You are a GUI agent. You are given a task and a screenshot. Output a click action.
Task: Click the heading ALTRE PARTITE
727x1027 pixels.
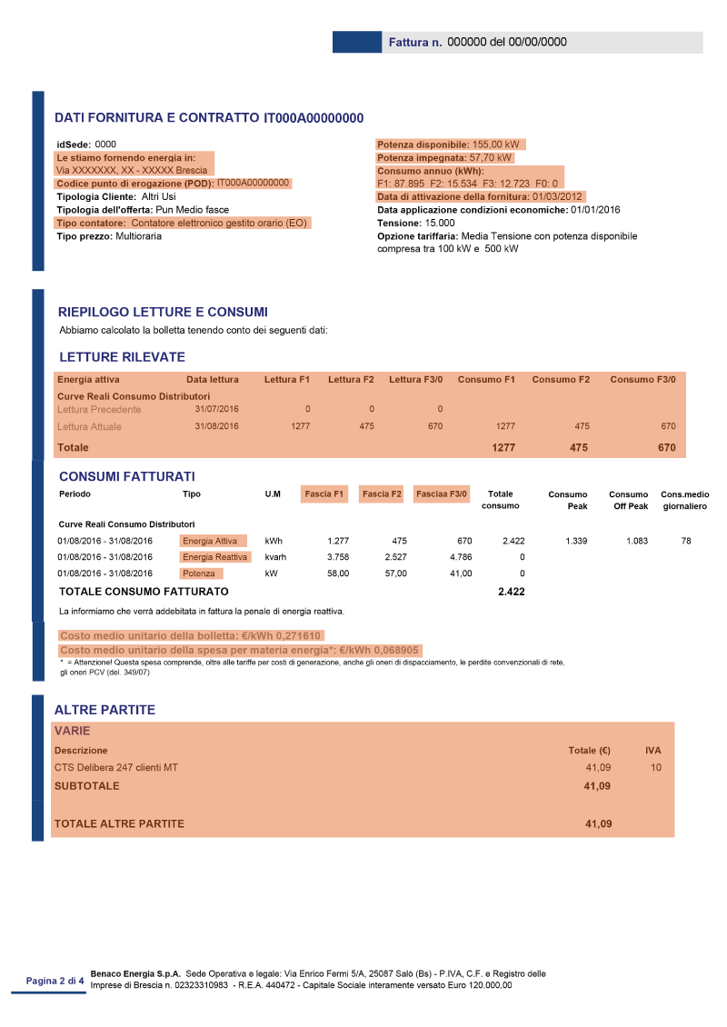[x=105, y=710]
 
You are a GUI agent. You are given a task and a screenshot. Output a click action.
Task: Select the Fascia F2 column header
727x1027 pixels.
[x=382, y=494]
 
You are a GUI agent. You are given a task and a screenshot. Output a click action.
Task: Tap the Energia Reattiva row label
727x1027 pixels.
[x=214, y=557]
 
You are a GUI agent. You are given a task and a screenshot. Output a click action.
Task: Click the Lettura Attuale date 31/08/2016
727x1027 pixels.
[x=216, y=426]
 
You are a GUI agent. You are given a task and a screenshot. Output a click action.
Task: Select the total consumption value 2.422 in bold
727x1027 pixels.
[x=511, y=592]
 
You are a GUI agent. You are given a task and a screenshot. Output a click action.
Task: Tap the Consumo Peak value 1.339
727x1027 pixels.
[x=575, y=541]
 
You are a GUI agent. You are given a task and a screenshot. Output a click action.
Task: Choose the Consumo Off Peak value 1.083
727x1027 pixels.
[x=636, y=541]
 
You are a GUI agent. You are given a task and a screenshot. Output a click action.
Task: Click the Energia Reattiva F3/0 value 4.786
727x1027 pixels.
[x=461, y=557]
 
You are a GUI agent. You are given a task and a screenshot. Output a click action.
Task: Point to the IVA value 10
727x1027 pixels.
[x=656, y=768]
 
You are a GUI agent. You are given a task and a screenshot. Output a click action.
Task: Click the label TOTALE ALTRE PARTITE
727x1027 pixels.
[x=119, y=824]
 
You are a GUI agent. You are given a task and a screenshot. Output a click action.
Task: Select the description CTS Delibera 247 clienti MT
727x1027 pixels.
[x=116, y=768]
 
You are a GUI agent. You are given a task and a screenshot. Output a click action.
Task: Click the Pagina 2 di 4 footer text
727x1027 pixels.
[x=55, y=981]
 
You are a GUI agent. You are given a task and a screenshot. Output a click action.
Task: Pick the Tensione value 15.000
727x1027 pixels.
[x=440, y=223]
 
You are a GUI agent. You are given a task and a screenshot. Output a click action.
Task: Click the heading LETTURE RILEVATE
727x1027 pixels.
[x=122, y=357]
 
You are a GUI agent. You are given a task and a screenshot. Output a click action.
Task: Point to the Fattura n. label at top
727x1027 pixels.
[x=414, y=43]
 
